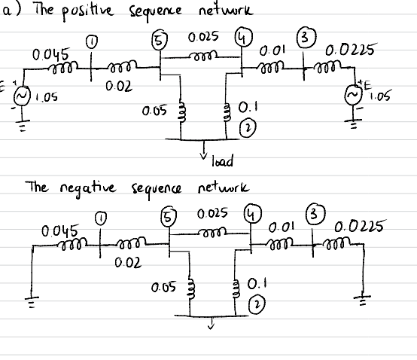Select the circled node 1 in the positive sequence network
pos(92,44)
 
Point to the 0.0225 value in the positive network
pos(347,53)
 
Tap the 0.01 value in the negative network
pos(278,225)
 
